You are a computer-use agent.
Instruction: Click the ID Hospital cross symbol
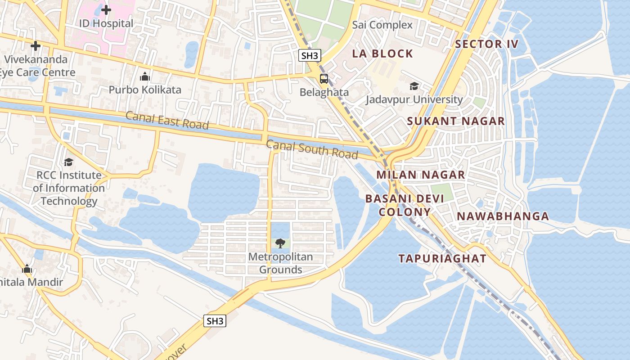(x=106, y=9)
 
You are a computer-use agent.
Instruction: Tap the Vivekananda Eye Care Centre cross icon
(x=36, y=46)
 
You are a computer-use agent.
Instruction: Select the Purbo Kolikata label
(x=145, y=90)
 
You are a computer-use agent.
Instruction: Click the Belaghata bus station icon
(x=324, y=79)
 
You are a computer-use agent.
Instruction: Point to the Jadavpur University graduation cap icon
(x=414, y=86)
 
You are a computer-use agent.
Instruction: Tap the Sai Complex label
(x=382, y=25)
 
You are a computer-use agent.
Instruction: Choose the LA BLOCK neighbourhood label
(x=382, y=54)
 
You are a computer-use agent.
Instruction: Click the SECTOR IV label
(x=486, y=44)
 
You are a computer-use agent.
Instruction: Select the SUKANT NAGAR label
(x=456, y=121)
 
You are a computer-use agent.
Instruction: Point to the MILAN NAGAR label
(x=420, y=175)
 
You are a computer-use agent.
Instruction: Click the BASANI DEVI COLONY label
(x=405, y=205)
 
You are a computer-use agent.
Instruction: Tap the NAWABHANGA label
(x=503, y=216)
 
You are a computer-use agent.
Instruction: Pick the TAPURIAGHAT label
(x=442, y=258)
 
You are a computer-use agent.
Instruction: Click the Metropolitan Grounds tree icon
(x=280, y=243)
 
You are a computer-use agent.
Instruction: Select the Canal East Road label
(x=167, y=120)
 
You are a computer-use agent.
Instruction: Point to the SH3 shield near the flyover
(x=215, y=321)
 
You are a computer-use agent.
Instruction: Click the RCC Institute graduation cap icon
(x=68, y=162)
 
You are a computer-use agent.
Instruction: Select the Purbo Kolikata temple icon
(x=145, y=76)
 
